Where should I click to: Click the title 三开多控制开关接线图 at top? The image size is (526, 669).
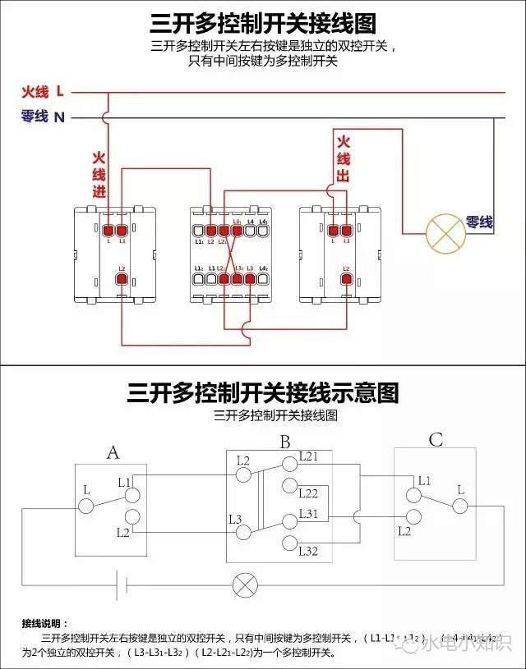[263, 22]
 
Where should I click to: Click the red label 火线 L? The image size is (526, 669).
[43, 92]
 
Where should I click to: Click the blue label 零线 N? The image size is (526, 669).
[43, 117]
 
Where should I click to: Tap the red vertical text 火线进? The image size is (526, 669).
[99, 175]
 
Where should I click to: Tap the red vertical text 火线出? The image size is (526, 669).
[344, 159]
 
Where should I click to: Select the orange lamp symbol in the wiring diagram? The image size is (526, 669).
[445, 233]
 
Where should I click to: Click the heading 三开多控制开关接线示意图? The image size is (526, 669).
[263, 392]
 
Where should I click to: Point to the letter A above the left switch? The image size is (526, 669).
[113, 451]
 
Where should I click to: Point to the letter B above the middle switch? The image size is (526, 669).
[284, 442]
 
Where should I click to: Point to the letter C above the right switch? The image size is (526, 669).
[436, 441]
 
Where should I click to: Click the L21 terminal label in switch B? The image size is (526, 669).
[308, 456]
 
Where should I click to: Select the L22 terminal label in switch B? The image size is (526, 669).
[308, 493]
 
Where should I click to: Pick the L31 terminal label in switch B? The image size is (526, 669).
[308, 513]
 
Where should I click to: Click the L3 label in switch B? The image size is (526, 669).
[235, 519]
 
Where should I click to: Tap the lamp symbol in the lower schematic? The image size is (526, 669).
[244, 585]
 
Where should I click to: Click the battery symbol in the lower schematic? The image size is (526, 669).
[121, 585]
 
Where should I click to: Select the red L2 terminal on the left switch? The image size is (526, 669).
[122, 281]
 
